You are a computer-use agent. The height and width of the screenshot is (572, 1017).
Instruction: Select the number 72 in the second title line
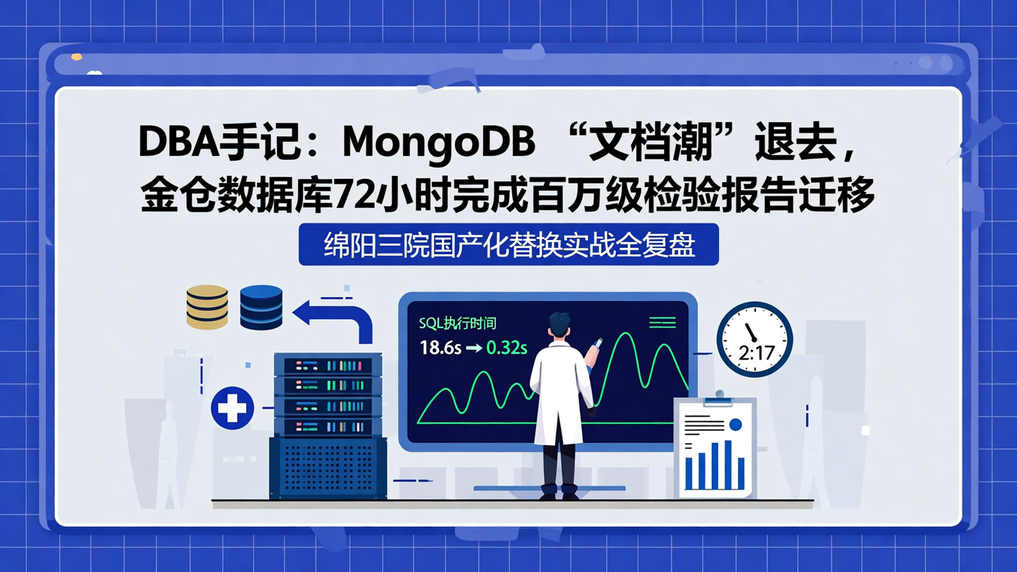click(x=355, y=196)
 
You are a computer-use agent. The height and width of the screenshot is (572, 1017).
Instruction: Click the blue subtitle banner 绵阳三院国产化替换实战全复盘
click(x=509, y=244)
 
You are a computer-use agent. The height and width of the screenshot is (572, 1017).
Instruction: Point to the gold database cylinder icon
click(x=207, y=306)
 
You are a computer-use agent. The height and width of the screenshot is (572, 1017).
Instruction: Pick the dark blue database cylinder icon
click(x=261, y=306)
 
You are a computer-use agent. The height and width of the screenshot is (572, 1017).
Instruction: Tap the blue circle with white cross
click(x=232, y=408)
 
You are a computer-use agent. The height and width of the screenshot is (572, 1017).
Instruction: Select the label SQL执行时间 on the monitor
click(x=458, y=323)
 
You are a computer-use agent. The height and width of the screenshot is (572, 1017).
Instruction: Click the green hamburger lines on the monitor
click(x=662, y=323)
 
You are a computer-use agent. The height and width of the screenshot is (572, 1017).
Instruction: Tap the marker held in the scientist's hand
click(x=595, y=346)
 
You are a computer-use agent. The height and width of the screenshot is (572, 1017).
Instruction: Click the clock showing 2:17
click(x=754, y=340)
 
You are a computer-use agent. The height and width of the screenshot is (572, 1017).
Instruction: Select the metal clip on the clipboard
click(x=719, y=400)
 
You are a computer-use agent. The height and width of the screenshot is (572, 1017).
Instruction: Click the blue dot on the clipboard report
click(x=735, y=424)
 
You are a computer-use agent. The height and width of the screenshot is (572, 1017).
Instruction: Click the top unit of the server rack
click(x=328, y=366)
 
